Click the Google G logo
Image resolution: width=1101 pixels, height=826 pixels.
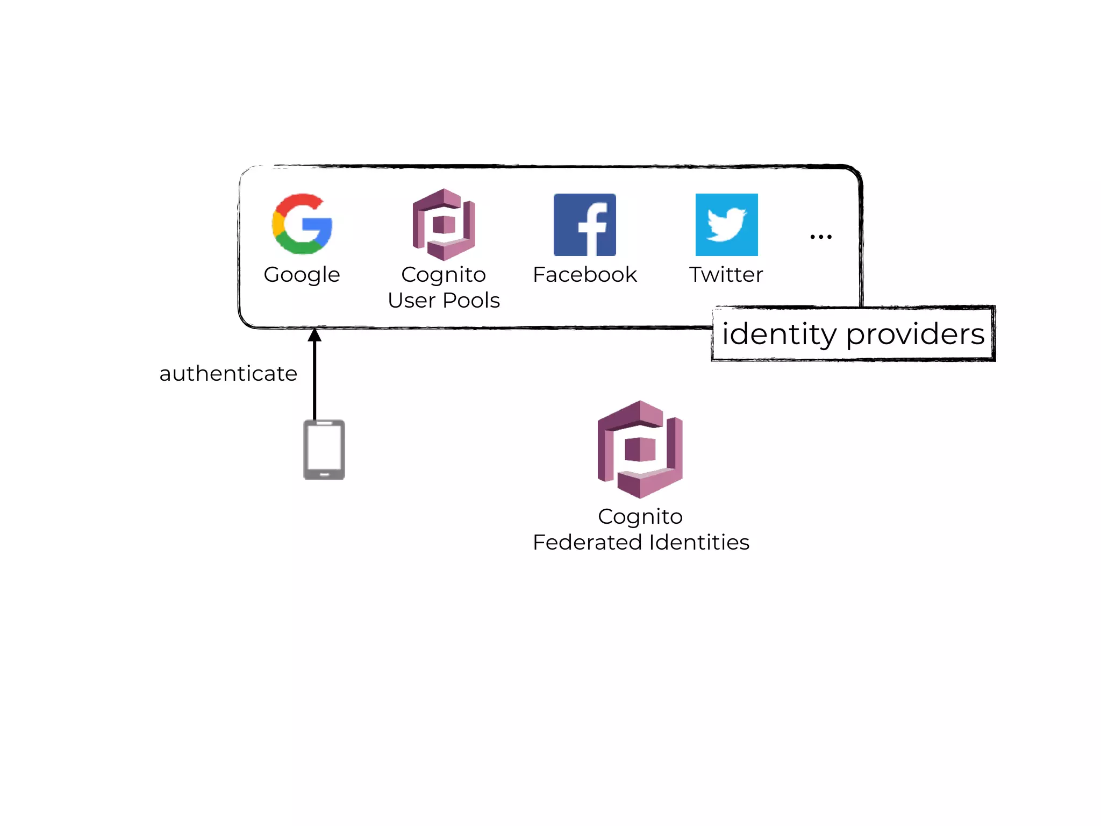pyautogui.click(x=302, y=224)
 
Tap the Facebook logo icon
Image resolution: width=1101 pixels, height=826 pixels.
pyautogui.click(x=584, y=225)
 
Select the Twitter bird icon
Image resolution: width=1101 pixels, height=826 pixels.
pyautogui.click(x=726, y=225)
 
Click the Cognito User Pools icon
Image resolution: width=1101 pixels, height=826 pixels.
pyautogui.click(x=444, y=225)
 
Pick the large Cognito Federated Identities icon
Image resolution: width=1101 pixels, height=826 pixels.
pyautogui.click(x=640, y=449)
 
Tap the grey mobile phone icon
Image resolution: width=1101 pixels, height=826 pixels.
pyautogui.click(x=324, y=450)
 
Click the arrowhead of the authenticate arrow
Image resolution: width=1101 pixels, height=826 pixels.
pyautogui.click(x=314, y=336)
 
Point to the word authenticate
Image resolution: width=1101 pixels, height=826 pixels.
pyautogui.click(x=228, y=373)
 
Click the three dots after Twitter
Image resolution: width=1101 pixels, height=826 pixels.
pyautogui.click(x=821, y=237)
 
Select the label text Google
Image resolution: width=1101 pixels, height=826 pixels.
pyautogui.click(x=302, y=275)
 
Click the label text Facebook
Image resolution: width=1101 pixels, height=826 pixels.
pyautogui.click(x=584, y=275)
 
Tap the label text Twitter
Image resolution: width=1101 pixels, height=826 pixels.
pyautogui.click(x=726, y=275)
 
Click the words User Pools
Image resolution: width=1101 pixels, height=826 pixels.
pyautogui.click(x=444, y=300)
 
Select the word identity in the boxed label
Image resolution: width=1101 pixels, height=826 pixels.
pyautogui.click(x=779, y=334)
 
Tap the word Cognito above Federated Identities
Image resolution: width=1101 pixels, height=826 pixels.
pyautogui.click(x=640, y=517)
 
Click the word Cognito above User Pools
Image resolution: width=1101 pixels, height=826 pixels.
pyautogui.click(x=444, y=275)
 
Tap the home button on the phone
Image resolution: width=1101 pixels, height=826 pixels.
pyautogui.click(x=324, y=474)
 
